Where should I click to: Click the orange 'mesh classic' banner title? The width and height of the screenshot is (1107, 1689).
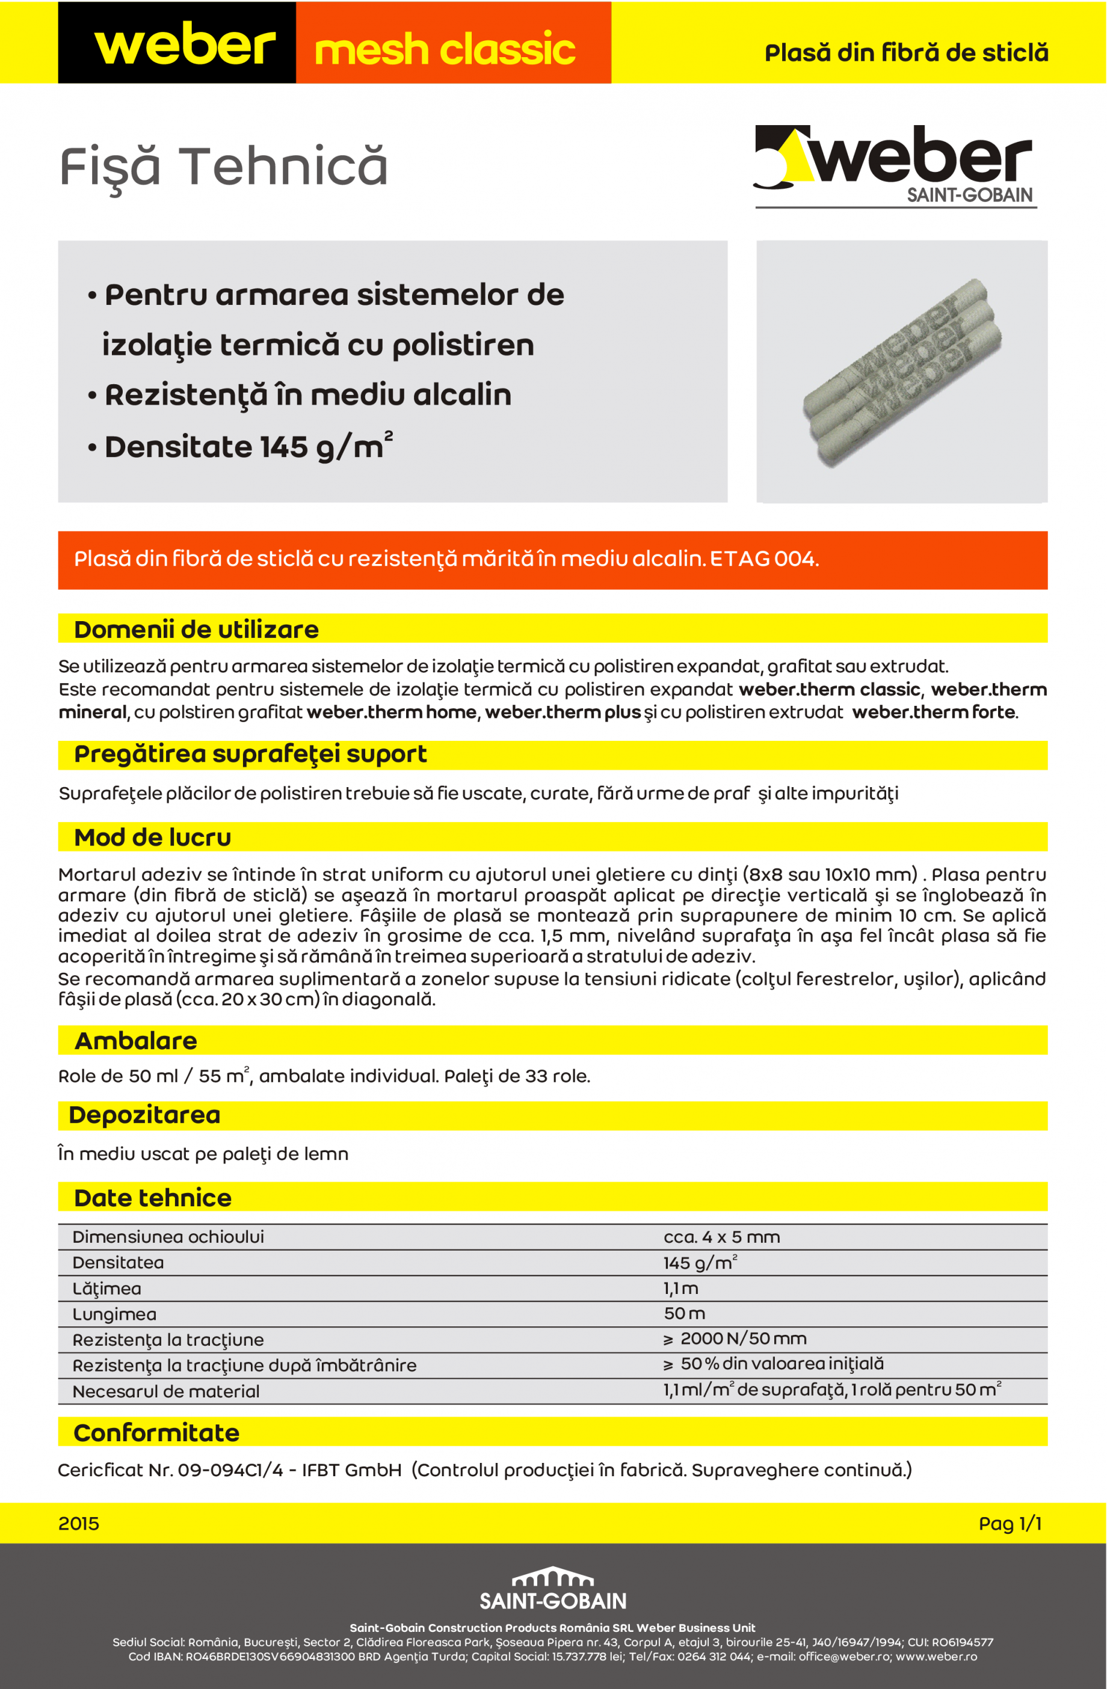click(445, 48)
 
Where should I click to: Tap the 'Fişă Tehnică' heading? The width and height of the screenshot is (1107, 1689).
click(223, 168)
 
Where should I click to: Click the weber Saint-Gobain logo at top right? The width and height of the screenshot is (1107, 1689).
click(895, 165)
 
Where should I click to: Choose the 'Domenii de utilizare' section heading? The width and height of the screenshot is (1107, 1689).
click(196, 630)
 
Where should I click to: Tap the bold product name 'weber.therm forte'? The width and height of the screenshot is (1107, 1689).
click(933, 712)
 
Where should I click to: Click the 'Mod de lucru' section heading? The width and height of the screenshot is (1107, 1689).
click(153, 838)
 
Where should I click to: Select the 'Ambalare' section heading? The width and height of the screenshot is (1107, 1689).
click(135, 1040)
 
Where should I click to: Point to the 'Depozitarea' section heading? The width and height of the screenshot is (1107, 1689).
click(144, 1115)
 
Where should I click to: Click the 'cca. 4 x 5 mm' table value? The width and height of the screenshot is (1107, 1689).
click(721, 1237)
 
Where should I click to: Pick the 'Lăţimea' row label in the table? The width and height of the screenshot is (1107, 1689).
click(106, 1289)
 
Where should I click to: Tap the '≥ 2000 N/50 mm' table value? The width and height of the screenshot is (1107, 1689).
click(735, 1339)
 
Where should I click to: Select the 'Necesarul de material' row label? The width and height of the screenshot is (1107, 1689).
click(165, 1391)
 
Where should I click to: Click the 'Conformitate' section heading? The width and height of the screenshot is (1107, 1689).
click(156, 1433)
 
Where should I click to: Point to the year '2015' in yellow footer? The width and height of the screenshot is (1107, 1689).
click(79, 1524)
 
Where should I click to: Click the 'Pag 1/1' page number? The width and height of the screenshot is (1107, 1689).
click(1009, 1524)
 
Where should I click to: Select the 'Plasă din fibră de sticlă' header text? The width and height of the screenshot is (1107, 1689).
click(906, 52)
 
